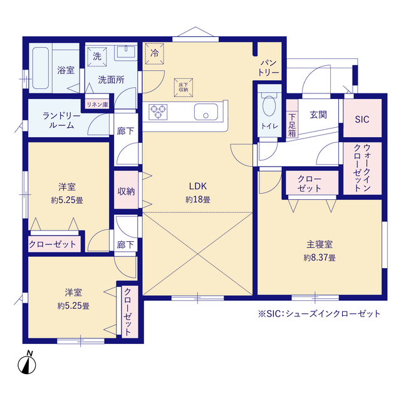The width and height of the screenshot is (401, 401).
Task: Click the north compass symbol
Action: pyautogui.click(x=26, y=363)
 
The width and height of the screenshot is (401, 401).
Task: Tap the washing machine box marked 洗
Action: pyautogui.click(x=96, y=56)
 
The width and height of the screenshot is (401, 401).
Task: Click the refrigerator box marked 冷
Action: pyautogui.click(x=154, y=53)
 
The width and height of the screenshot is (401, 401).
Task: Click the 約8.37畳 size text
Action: pyautogui.click(x=319, y=257)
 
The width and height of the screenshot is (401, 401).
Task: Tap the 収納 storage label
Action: pyautogui.click(x=125, y=191)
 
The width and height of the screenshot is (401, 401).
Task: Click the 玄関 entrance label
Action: pyautogui.click(x=318, y=115)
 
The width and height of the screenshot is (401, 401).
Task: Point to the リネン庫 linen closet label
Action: pyautogui.click(x=97, y=105)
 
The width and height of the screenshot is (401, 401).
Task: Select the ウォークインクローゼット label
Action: pyautogui.click(x=362, y=168)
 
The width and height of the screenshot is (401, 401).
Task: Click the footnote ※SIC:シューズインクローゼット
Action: pyautogui.click(x=318, y=313)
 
